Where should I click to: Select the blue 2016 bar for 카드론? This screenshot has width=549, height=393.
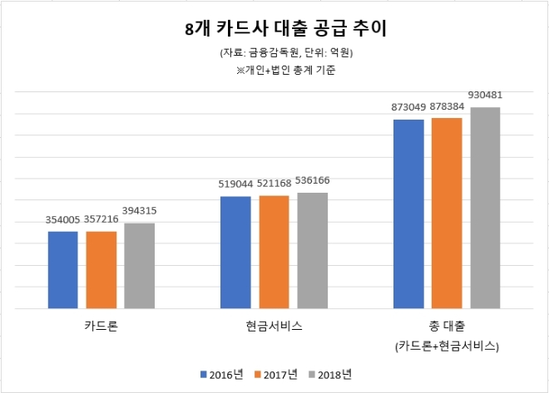tap(62, 270)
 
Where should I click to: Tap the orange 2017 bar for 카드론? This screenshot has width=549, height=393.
tap(101, 270)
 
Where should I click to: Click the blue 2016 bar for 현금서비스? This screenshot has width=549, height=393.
tap(235, 252)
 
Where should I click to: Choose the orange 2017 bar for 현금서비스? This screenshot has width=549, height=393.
tap(274, 252)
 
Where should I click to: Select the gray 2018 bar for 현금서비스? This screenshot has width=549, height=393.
tap(313, 250)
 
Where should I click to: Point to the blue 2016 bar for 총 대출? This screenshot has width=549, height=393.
tap(408, 214)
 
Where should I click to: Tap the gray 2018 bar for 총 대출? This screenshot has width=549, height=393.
tap(486, 208)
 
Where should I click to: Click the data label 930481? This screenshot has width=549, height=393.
tap(486, 96)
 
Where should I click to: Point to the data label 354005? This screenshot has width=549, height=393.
tap(62, 220)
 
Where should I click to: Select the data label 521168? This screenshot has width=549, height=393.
tap(274, 184)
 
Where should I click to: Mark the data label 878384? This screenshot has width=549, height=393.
tap(448, 107)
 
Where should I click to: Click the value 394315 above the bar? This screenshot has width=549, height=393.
tap(140, 211)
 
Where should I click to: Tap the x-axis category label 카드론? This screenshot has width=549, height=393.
tap(101, 327)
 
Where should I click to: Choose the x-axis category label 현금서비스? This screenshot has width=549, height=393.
tap(274, 327)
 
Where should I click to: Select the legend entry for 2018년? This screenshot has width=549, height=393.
tap(330, 375)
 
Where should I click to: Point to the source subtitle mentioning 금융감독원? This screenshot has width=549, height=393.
tap(274, 53)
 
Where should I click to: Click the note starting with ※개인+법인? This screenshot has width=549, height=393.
tap(274, 71)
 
